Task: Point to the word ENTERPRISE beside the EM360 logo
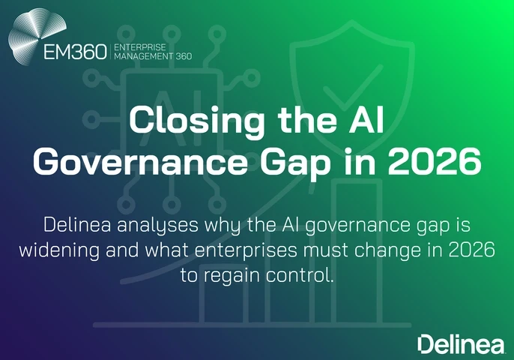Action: tap(139, 46)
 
